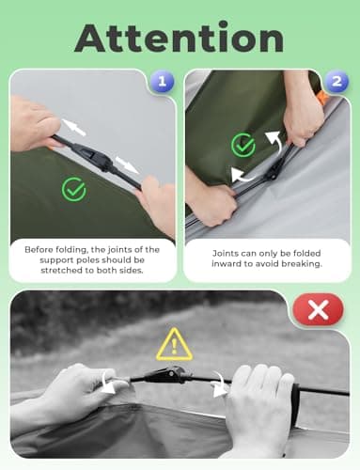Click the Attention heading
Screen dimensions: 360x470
point(180,38)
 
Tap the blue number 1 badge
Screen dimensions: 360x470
point(162,82)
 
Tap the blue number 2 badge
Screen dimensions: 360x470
point(337,82)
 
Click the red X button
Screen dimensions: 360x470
point(318,309)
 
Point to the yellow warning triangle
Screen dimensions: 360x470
point(174,345)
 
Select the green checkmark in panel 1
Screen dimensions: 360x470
point(74,189)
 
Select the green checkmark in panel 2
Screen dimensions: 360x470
point(243,145)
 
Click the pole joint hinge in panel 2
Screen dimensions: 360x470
point(274,171)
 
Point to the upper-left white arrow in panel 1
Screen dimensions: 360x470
point(73,128)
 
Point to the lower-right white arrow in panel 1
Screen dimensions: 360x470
point(127,164)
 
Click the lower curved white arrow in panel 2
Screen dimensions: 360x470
point(243,177)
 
